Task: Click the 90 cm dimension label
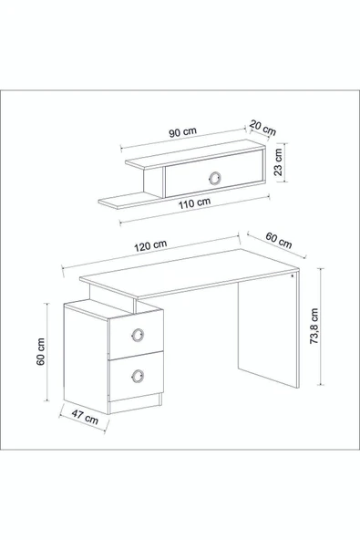click(x=183, y=132)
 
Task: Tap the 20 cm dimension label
click(x=263, y=128)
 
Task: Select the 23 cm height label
click(x=278, y=161)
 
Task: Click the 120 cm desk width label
click(x=150, y=245)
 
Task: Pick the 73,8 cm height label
click(x=314, y=326)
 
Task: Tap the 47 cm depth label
click(x=85, y=416)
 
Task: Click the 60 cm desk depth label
click(x=279, y=240)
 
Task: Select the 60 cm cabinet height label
click(x=41, y=351)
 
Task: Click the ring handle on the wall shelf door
click(x=215, y=178)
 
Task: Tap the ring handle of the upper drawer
click(x=138, y=335)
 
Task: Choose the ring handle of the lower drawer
click(x=138, y=376)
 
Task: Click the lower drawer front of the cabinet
click(x=137, y=376)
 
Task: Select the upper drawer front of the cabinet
click(x=137, y=335)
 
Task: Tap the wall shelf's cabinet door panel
click(x=214, y=173)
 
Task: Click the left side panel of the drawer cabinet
click(x=86, y=360)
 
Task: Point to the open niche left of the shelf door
click(x=152, y=182)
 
